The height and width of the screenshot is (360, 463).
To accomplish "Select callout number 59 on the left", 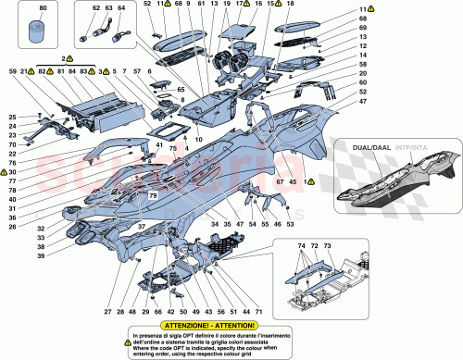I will point(13,72).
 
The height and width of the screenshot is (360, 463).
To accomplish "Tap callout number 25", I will point(13,117).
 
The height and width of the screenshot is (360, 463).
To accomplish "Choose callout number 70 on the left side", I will point(13,146).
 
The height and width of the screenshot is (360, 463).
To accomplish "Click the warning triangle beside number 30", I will point(5,173).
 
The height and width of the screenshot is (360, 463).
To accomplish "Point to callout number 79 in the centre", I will point(151,196).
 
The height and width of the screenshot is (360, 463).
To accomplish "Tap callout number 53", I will point(290,223).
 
